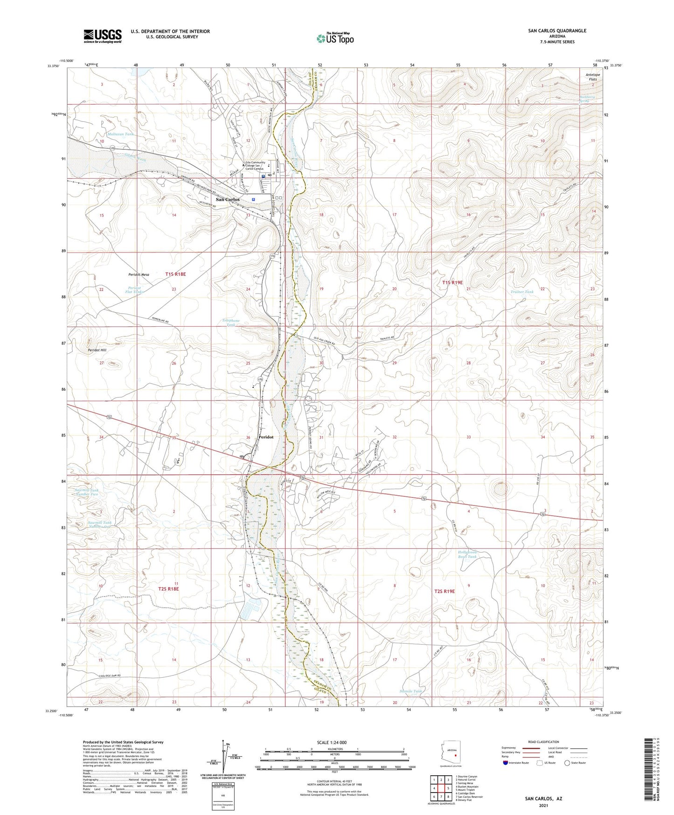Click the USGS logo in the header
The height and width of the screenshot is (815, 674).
pos(103,36)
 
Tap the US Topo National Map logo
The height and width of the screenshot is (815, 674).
pos(335,38)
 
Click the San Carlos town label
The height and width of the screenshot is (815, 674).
pos(228,199)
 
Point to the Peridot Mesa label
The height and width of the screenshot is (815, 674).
pos(139,275)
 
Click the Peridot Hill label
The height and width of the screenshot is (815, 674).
pos(97,350)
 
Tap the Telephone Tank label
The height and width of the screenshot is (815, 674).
pos(230,323)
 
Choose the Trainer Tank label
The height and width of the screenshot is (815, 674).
pos(522,292)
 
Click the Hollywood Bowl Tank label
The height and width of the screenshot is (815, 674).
pos(467,554)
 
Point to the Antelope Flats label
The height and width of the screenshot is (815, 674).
pos(591,77)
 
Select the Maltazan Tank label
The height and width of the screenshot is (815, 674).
pos(120,134)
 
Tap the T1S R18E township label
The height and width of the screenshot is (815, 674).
pos(175,274)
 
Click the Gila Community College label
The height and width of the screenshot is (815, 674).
pos(255,166)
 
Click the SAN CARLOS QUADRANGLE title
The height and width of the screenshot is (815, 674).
pos(557,31)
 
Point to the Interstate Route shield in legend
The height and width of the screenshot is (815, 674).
pos(506,763)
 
